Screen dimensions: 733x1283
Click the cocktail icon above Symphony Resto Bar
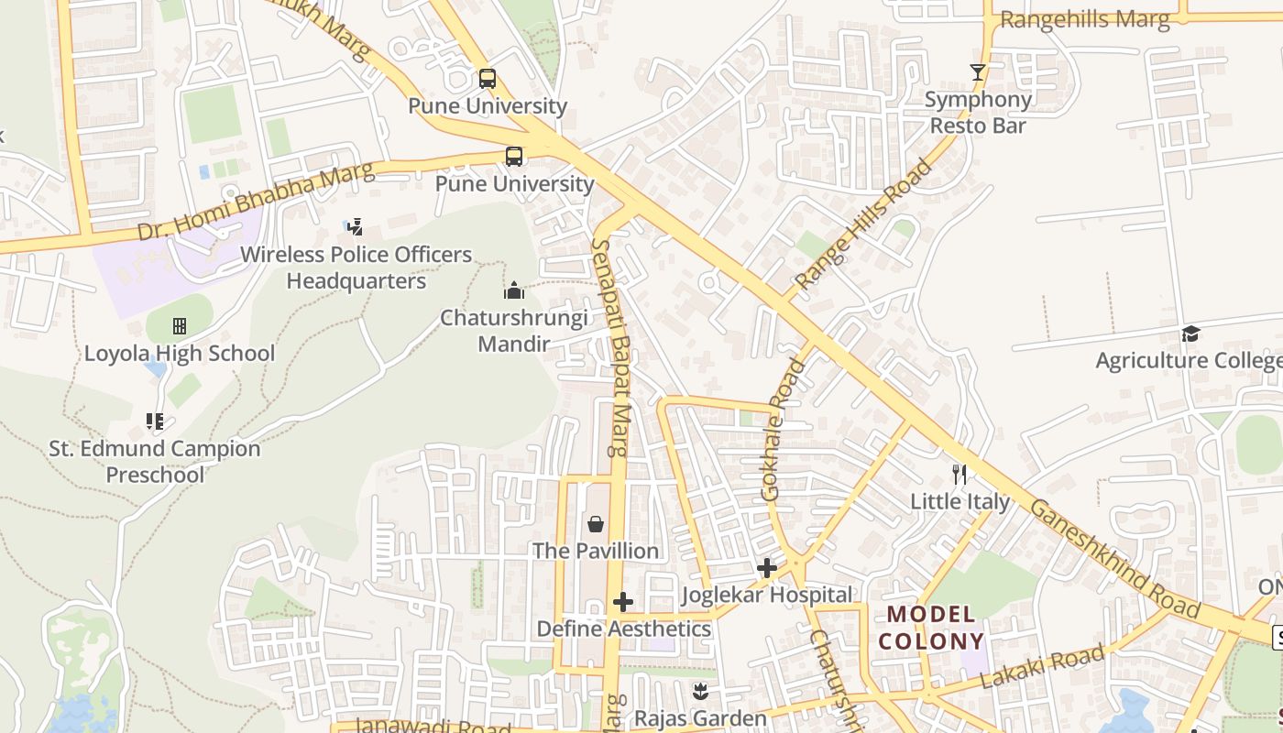coord(978,72)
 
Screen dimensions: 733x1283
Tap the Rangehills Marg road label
coord(1084,19)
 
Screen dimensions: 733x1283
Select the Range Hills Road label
coord(864,224)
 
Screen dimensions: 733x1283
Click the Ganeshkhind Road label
coord(1113,559)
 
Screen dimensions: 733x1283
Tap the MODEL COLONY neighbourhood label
coord(931,628)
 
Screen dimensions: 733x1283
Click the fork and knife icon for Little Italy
coord(960,474)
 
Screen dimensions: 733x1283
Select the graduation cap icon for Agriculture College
coord(1190,334)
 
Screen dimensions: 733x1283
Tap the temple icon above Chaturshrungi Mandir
coord(514,290)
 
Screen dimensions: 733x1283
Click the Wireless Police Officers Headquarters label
coord(356,268)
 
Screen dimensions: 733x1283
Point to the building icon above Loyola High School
coord(180,326)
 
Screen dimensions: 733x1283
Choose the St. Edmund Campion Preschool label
coord(155,462)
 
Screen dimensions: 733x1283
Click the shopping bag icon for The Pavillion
coord(596,523)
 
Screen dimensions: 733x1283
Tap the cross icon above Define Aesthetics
coord(623,602)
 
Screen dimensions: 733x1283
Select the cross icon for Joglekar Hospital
coord(767,568)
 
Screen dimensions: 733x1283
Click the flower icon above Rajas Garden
coord(701,692)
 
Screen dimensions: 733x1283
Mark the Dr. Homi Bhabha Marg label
coord(256,202)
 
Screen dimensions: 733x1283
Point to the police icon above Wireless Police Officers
coord(355,226)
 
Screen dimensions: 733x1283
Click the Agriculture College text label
coord(1189,361)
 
